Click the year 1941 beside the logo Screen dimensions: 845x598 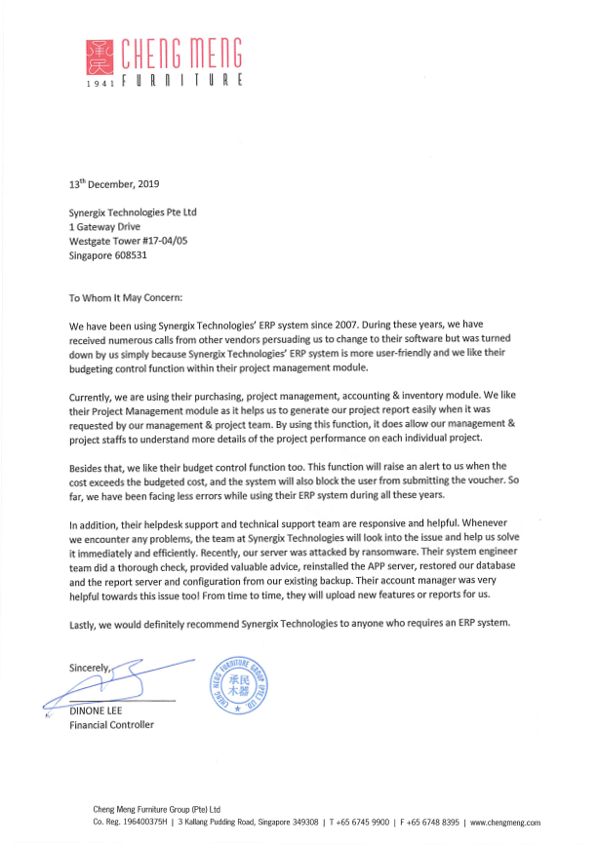coord(100,84)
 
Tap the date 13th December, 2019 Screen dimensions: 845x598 coord(113,183)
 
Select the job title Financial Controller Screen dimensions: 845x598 coord(111,725)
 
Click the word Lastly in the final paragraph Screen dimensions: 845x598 coord(84,624)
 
